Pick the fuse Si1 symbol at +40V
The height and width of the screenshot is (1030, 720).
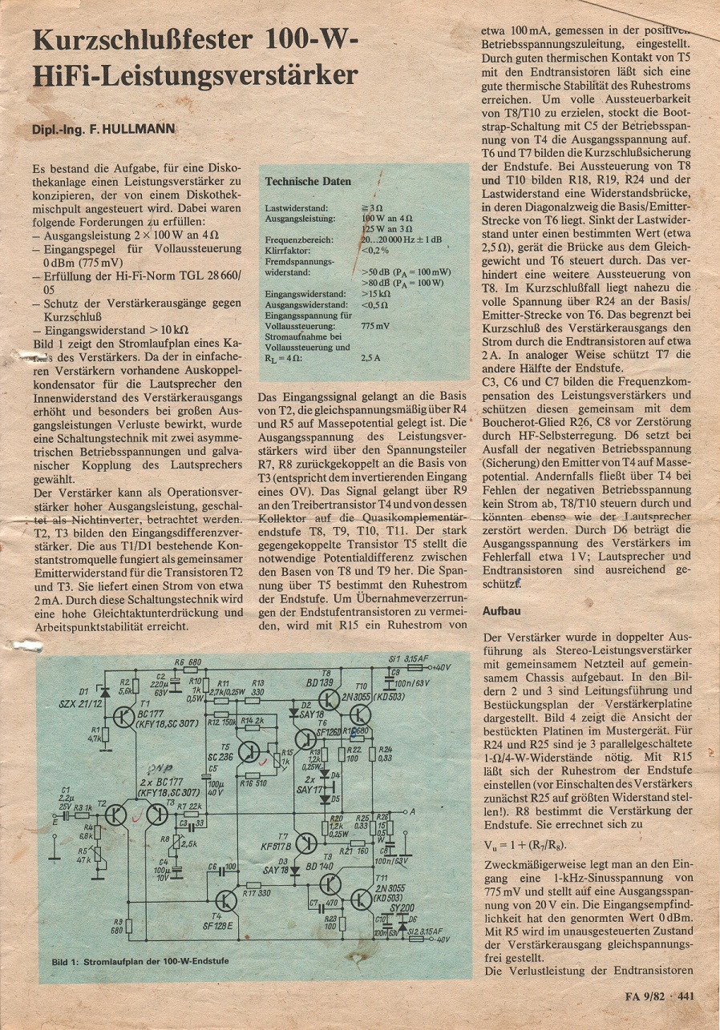pos(415,666)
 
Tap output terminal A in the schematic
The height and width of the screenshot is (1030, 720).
pos(411,811)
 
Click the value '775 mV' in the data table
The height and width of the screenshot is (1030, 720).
pos(375,326)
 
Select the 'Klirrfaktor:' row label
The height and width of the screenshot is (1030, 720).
pos(285,250)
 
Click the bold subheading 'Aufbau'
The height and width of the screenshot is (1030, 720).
pos(500,610)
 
